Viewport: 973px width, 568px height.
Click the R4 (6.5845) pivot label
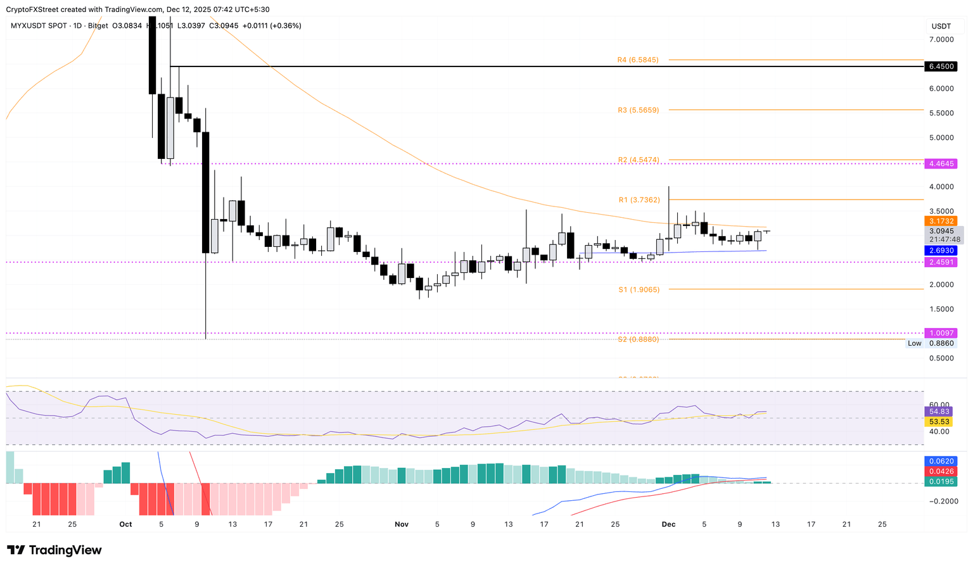tap(638, 60)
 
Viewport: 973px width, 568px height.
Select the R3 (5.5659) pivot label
tap(638, 110)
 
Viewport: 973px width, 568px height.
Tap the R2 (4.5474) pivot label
tap(638, 160)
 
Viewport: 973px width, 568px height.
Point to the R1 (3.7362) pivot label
tap(639, 200)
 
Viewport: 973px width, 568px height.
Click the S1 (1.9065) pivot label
tap(639, 289)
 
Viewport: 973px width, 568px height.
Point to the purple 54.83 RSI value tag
tap(938, 412)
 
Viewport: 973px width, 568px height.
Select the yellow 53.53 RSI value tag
tap(938, 422)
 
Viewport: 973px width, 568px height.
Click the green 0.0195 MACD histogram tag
tap(941, 482)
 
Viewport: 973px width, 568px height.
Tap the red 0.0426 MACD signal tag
tap(941, 472)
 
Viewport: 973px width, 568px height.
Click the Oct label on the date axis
tap(125, 524)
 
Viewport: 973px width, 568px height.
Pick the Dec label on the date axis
tap(668, 524)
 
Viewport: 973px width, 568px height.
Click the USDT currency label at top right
tap(941, 26)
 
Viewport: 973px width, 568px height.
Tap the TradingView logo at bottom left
tap(54, 550)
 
